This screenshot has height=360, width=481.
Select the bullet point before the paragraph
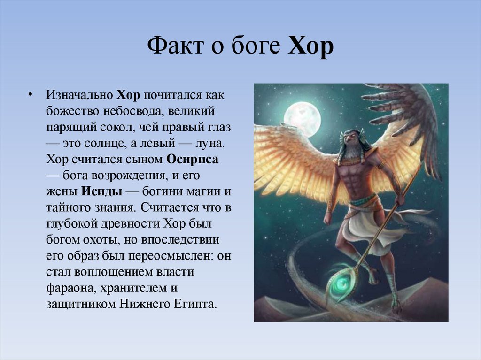30,95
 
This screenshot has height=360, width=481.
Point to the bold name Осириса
193,159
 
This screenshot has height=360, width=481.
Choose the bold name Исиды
102,191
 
